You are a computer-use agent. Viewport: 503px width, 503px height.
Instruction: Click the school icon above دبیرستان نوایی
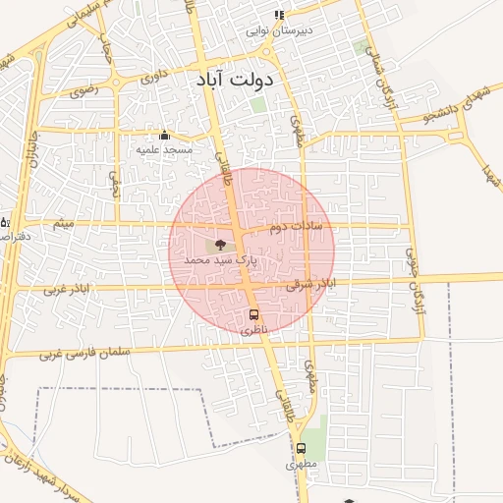[x=279, y=15]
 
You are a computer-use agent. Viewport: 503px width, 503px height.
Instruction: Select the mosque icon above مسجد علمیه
[x=164, y=136]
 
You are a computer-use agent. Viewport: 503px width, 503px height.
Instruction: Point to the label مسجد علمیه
[x=164, y=149]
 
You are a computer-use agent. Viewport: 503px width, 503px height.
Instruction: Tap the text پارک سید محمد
[x=221, y=260]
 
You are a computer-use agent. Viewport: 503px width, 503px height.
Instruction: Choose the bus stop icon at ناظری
[x=254, y=315]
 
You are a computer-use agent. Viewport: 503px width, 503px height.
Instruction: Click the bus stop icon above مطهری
[x=301, y=448]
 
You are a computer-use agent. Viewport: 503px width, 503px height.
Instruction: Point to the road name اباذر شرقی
[x=311, y=283]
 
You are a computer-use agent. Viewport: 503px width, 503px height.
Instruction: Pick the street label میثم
[x=65, y=225]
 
